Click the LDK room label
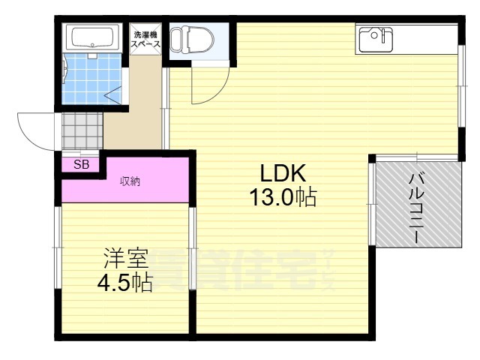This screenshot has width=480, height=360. coord(283,173)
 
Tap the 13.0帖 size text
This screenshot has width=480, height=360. coord(283,198)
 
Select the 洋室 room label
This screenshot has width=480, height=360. coord(125,259)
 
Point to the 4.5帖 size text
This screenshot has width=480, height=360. coord(125,283)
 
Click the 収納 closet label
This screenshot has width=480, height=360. coord(130,181)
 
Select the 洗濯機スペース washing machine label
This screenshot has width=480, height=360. coord(146,40)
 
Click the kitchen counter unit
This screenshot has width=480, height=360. coord(405,38)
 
